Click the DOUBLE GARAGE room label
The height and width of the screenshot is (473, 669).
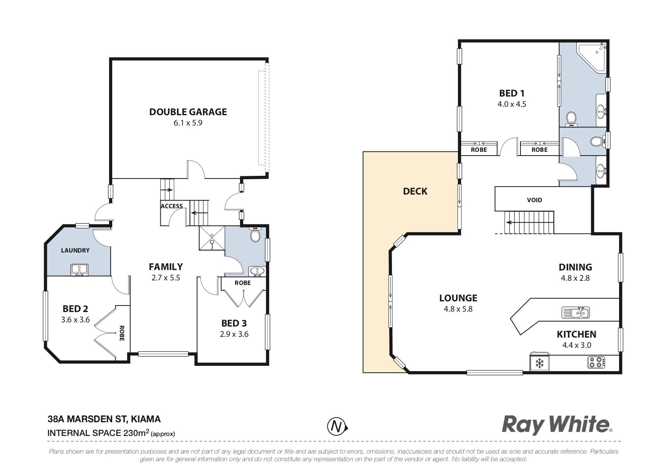tap(188, 112)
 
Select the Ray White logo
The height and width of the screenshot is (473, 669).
tap(557, 425)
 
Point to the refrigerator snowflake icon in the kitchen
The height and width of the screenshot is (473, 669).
tap(539, 363)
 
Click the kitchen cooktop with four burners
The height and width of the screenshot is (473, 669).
tap(596, 362)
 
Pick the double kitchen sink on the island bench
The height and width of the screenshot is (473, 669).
tap(576, 312)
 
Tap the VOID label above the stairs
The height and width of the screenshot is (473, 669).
tap(534, 200)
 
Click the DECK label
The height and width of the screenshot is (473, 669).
tap(415, 191)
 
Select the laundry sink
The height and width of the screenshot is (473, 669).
tap(79, 270)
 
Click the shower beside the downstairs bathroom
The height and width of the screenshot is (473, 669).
tap(212, 238)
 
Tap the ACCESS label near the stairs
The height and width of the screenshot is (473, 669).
tap(172, 206)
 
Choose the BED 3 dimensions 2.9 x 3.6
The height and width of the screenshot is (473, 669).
tap(234, 334)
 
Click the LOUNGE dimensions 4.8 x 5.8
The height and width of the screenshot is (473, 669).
tap(458, 309)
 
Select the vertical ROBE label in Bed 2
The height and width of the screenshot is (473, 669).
tap(122, 333)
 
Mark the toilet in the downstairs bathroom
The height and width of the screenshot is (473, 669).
tap(255, 235)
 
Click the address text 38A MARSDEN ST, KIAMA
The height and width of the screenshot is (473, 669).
tap(104, 419)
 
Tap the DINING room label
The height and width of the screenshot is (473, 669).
tap(575, 267)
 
